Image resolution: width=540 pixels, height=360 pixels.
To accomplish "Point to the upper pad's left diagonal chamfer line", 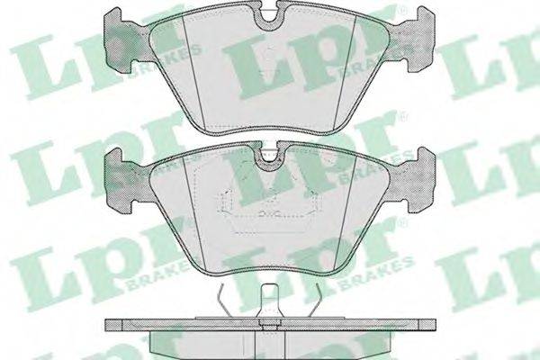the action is click(x=193, y=72).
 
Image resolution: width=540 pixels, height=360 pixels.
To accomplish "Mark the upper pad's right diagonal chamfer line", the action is click(x=345, y=71).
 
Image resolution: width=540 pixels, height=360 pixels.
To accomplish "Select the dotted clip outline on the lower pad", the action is click(x=268, y=203).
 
